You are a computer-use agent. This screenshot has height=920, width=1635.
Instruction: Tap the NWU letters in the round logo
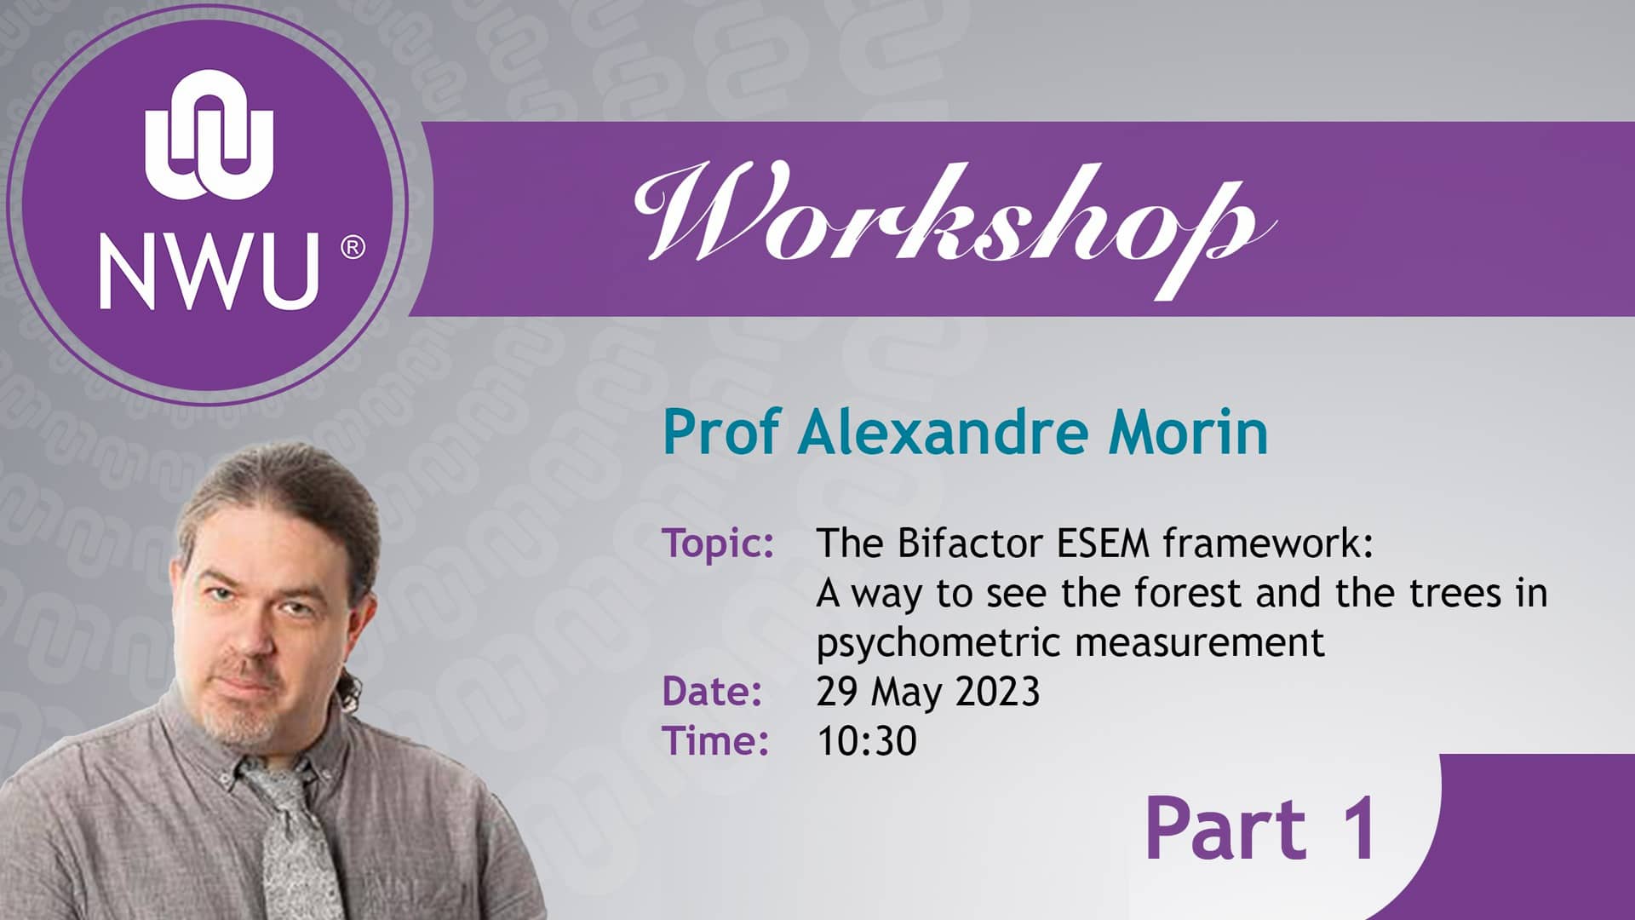click(x=209, y=271)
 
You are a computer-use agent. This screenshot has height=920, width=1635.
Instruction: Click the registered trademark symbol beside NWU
click(x=353, y=248)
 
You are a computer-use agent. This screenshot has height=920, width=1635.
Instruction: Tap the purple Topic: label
click(x=718, y=543)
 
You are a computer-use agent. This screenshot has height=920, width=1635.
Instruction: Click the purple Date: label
click(x=711, y=691)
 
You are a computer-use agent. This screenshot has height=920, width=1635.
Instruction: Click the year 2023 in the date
click(x=997, y=691)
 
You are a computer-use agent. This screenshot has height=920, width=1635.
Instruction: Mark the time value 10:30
click(x=866, y=740)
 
